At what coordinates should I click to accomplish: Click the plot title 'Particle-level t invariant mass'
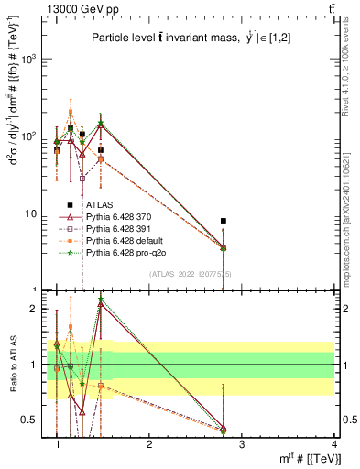point(195,37)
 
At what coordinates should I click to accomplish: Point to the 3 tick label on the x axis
point(242,445)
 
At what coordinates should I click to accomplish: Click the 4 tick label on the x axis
point(334,445)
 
